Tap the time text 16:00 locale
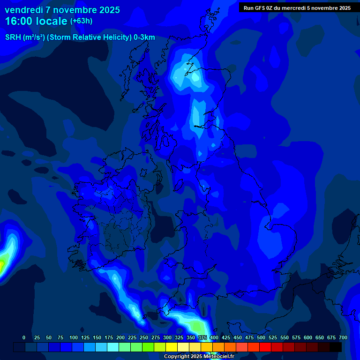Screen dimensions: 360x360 coord(36,21)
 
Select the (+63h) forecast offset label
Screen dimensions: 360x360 coord(81,21)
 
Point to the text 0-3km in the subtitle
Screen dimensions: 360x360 coord(145,37)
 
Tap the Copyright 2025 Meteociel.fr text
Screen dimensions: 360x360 coord(199,357)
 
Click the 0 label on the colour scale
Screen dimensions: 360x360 coord(24,337)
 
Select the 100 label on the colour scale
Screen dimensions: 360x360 coord(74,337)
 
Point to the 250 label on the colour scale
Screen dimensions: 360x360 coord(144,337)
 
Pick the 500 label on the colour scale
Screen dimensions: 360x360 coord(261,337)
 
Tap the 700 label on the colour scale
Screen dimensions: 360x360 coord(343,337)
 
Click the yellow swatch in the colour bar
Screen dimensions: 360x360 coord(172,347)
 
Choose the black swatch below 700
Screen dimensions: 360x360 coord(336,347)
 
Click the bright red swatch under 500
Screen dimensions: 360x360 coord(265,347)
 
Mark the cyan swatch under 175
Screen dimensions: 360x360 coord(113,347)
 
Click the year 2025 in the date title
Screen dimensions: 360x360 coord(110,10)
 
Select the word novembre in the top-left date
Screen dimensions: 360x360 coord(74,10)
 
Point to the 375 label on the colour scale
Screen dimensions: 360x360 coord(202,337)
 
